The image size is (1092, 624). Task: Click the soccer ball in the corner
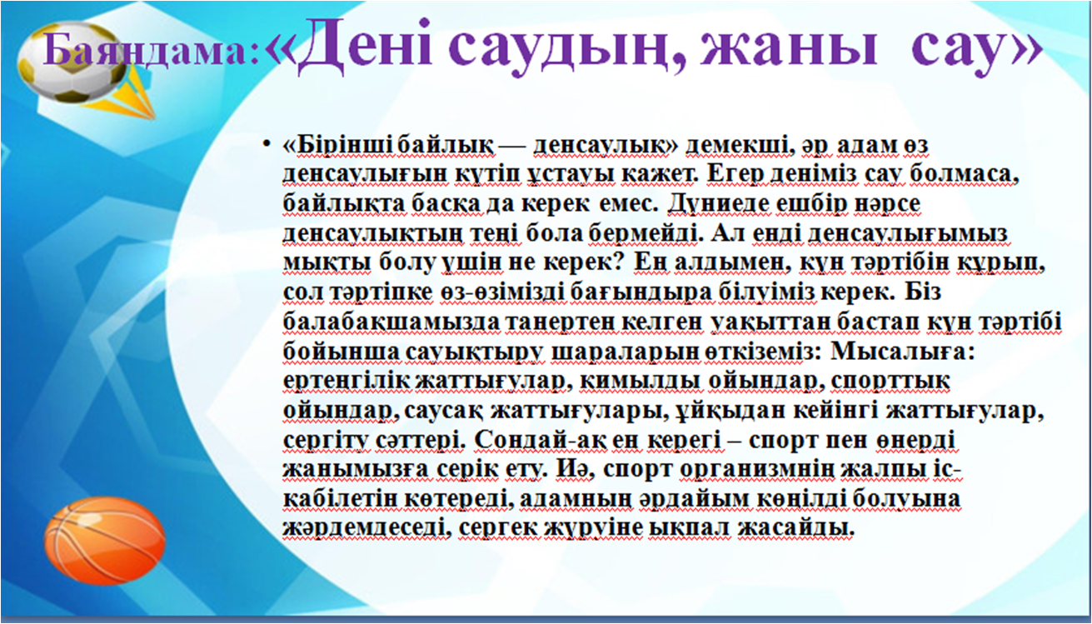(73, 62)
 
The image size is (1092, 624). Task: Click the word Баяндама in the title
(151, 51)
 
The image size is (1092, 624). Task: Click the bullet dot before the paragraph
(266, 144)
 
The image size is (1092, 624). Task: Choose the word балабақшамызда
(391, 322)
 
